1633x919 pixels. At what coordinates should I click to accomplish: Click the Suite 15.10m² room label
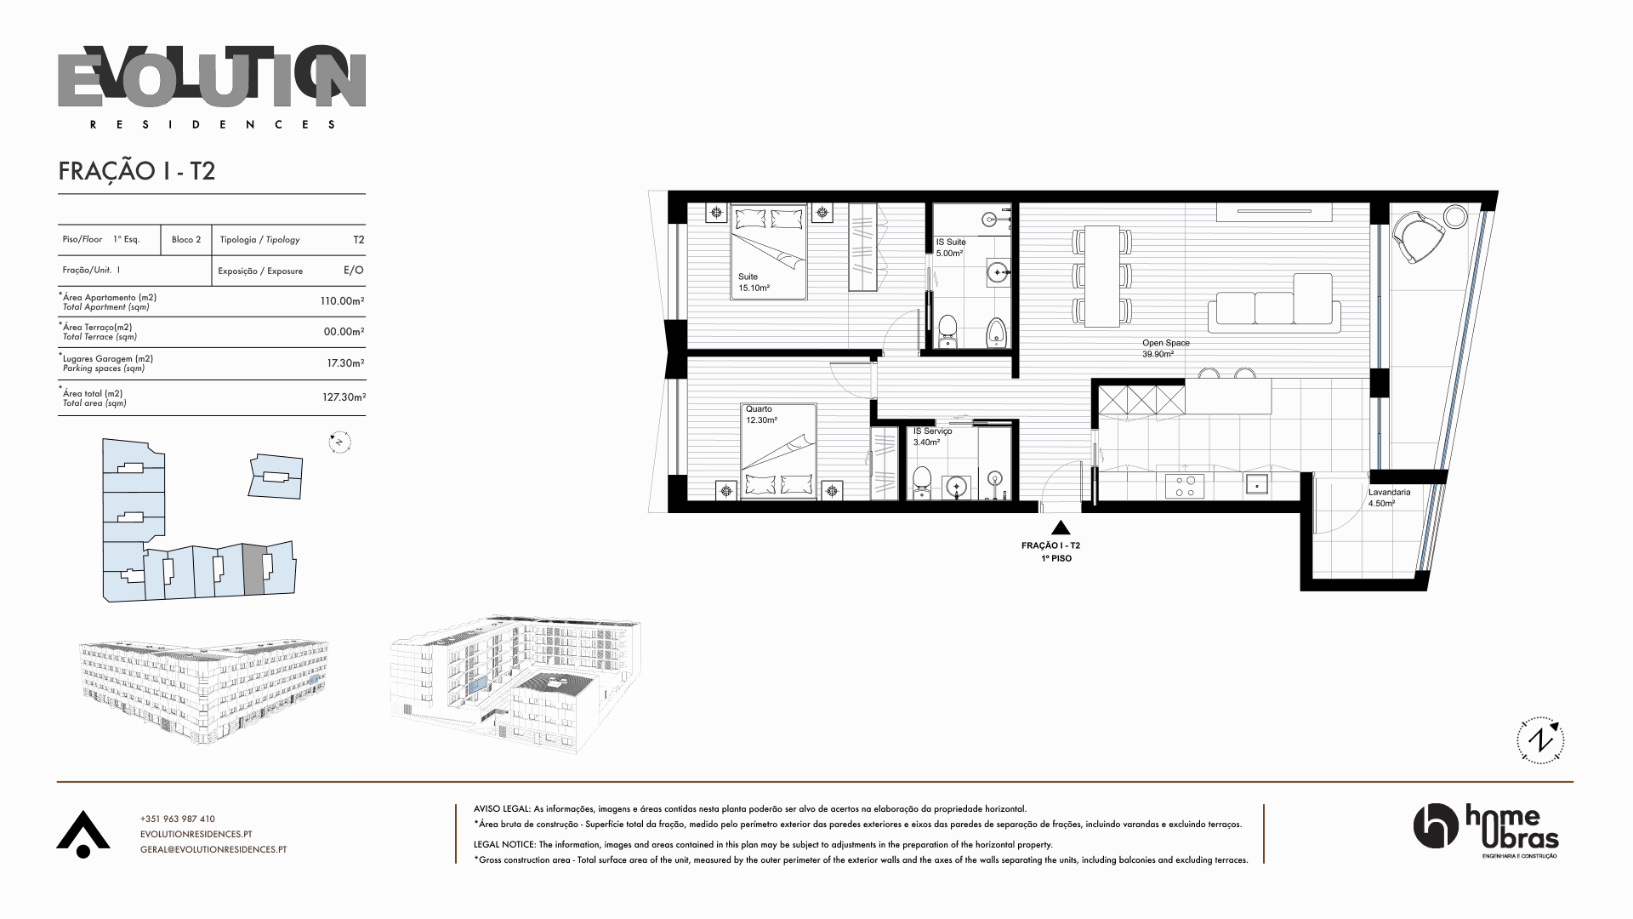(x=754, y=283)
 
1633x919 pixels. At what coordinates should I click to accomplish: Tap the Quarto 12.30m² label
(x=761, y=414)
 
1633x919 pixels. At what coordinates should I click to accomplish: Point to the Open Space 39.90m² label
(x=1166, y=348)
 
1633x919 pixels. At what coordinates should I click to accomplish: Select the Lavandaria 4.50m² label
(x=1389, y=498)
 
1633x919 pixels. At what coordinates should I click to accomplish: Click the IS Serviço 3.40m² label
(x=933, y=437)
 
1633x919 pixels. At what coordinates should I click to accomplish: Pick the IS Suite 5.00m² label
(x=951, y=248)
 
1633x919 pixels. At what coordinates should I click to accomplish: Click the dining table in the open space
(x=1102, y=276)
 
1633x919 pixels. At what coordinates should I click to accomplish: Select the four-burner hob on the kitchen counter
(x=1184, y=486)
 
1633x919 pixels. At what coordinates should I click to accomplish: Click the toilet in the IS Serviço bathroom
(x=920, y=484)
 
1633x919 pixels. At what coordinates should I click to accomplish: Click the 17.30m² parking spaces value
(x=346, y=363)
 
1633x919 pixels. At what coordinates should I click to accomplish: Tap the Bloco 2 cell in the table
(x=186, y=240)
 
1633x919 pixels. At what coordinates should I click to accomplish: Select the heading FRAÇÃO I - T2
(x=137, y=171)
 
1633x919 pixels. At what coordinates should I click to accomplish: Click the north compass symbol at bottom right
(x=1540, y=740)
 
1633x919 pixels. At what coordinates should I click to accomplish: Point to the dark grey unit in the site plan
(x=254, y=568)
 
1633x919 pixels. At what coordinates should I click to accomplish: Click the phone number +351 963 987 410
(x=178, y=819)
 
